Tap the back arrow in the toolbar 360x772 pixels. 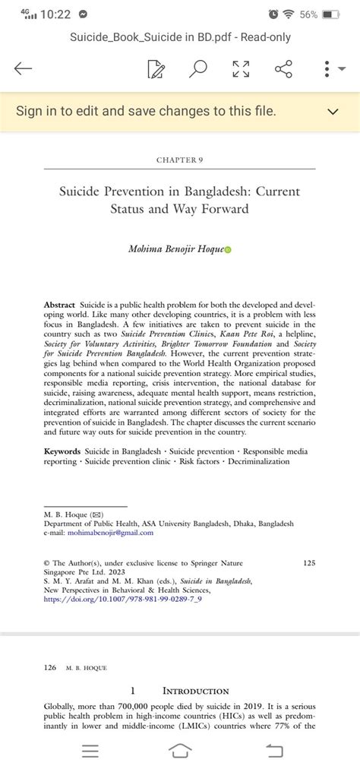[24, 70]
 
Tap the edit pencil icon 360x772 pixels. [156, 70]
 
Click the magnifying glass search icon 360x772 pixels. [198, 70]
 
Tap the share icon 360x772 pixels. [283, 70]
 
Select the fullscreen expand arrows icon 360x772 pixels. [240, 70]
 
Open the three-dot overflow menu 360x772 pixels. [327, 70]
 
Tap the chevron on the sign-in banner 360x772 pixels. [332, 112]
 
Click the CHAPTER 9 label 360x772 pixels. [179, 160]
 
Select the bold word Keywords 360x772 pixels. [62, 451]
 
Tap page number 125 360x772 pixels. [308, 563]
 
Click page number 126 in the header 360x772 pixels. [50, 668]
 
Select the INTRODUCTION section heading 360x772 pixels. [195, 691]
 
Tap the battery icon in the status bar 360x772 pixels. [331, 14]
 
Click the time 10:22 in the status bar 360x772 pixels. [56, 14]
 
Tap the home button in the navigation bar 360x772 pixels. [180, 751]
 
